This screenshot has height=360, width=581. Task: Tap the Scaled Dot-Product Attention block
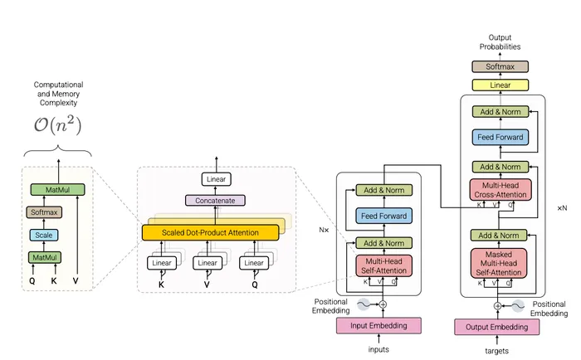(210, 232)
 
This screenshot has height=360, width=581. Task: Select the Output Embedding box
(497, 326)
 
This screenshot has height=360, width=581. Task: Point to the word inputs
(378, 349)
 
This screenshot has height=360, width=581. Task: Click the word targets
(497, 351)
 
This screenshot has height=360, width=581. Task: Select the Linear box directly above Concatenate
(216, 178)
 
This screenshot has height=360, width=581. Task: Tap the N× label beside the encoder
(325, 226)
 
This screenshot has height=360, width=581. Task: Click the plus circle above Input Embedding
(383, 304)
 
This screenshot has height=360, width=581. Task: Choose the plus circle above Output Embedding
(497, 305)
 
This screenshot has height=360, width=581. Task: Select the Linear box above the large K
(163, 263)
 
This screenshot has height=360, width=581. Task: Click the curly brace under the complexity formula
(58, 154)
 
